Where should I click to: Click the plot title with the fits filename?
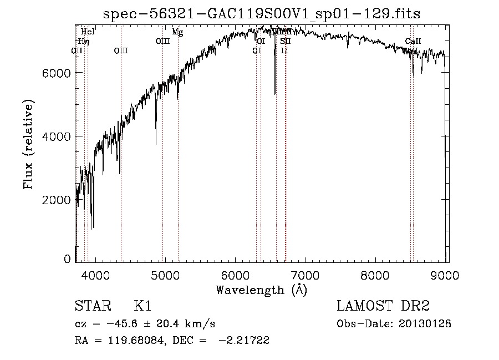262,14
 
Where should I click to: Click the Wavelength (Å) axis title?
261,290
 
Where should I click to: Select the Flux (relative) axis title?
28,144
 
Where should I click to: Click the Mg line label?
177,32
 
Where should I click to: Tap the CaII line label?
413,41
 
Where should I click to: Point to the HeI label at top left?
88,32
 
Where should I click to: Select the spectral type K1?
143,306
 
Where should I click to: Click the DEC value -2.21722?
244,341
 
